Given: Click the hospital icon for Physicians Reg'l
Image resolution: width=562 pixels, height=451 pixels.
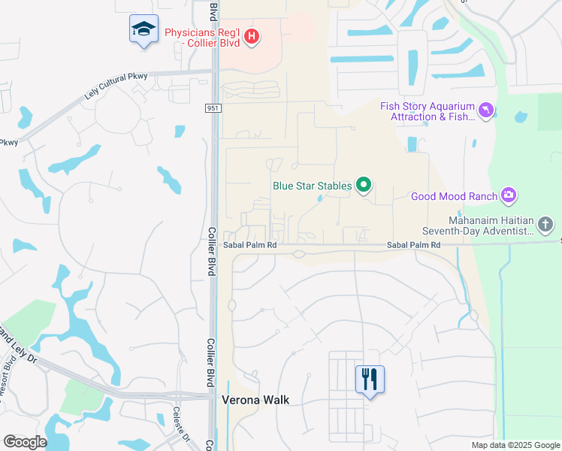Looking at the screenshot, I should (x=252, y=35).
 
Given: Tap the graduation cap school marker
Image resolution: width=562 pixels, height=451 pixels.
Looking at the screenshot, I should (x=143, y=29).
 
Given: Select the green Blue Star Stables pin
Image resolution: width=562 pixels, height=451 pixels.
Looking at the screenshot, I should (x=364, y=184).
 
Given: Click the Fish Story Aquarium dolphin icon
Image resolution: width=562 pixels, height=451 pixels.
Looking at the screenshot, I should (x=486, y=111).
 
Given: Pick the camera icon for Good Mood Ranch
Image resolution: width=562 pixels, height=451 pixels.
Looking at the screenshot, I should (x=509, y=196).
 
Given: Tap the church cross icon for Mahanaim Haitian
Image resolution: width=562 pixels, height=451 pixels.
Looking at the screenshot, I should (x=545, y=223).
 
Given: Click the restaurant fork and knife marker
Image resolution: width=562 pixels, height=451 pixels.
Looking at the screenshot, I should (x=369, y=379).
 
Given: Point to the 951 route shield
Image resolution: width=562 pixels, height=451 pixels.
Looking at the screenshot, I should (x=213, y=109).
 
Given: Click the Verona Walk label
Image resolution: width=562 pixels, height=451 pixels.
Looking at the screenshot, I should (x=255, y=401).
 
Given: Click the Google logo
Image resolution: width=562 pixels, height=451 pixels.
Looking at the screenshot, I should (x=25, y=442).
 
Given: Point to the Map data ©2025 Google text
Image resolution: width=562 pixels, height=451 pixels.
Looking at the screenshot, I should (x=515, y=445).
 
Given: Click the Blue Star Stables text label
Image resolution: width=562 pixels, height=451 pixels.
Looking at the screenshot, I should (x=312, y=185).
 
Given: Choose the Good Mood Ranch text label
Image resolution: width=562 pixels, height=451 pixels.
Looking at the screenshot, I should (x=454, y=197).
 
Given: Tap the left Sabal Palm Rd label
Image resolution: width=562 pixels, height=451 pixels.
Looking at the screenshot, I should (x=250, y=245).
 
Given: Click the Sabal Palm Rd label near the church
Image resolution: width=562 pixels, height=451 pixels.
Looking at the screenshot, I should (x=413, y=245).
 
